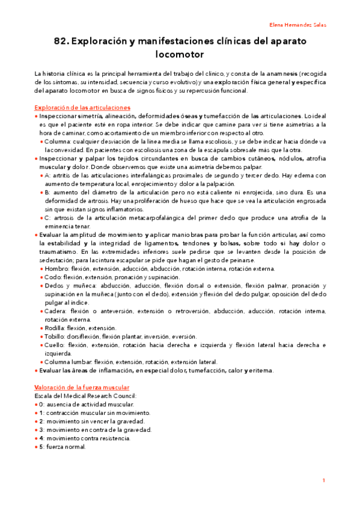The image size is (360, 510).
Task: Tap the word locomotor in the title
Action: (180, 55)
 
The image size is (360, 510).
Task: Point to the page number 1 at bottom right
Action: (324, 481)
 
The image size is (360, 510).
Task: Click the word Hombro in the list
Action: (55, 269)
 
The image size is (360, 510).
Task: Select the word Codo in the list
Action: (52, 277)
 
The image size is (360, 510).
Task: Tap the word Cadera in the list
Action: (55, 312)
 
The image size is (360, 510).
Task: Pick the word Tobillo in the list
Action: (55, 337)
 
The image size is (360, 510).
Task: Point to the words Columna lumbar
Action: (67, 362)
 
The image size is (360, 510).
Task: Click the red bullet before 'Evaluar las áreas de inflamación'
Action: (37, 371)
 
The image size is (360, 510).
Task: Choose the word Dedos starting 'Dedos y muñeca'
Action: (54, 286)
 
